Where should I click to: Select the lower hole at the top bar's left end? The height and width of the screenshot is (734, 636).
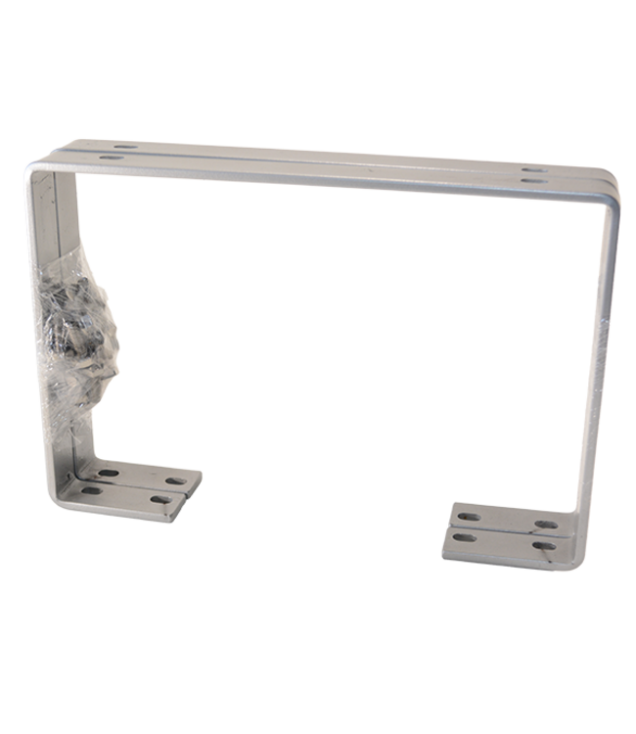pos(106,156)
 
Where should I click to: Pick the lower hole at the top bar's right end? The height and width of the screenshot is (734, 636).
pos(532,181)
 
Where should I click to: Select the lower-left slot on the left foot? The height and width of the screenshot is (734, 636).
pos(91,489)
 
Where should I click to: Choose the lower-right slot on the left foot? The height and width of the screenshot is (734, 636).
pos(160,499)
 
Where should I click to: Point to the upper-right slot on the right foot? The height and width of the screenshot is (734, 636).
pos(547,525)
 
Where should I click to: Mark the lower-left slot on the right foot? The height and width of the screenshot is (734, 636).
pos(465,536)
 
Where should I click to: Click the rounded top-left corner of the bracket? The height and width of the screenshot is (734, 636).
pos(35,171)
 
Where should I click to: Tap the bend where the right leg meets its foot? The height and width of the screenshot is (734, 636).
pos(577,533)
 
